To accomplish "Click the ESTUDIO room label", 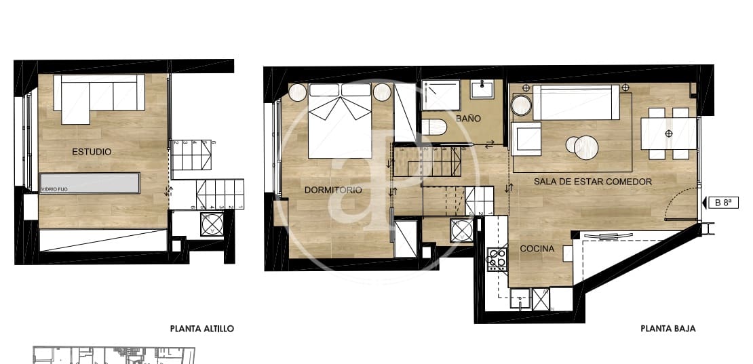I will (x=92, y=152).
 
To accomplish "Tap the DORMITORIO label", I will (x=332, y=190).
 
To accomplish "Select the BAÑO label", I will (x=468, y=119).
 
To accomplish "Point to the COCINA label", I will (x=537, y=249).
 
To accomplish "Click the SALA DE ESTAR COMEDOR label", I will (x=593, y=182).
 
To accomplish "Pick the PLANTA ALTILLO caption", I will (x=202, y=328).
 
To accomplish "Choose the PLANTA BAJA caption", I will (x=668, y=328).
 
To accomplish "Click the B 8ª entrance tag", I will (x=722, y=202).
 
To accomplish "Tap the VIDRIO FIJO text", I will (x=54, y=190).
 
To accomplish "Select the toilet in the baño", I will (x=433, y=127).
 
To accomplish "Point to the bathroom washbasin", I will (x=485, y=89).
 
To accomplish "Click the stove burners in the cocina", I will (x=497, y=259).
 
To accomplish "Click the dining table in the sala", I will (x=669, y=134).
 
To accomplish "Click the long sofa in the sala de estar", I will (x=576, y=102).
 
